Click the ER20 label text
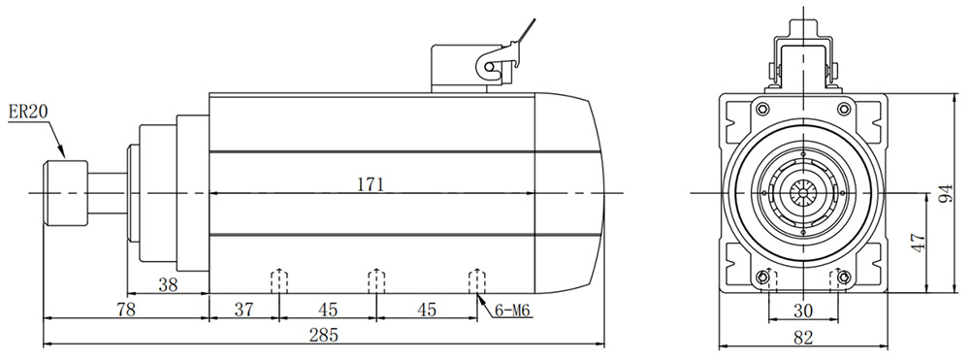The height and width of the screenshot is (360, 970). (x=28, y=112)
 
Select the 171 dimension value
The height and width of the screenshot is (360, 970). (x=371, y=183)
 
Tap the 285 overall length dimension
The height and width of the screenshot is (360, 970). (x=324, y=336)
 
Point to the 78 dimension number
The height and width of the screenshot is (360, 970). (x=125, y=309)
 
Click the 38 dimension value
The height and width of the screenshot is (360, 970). (x=168, y=284)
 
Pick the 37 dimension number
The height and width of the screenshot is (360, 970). (x=243, y=309)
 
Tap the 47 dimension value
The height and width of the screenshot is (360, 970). (x=919, y=242)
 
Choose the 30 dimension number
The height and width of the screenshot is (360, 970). (x=802, y=311)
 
